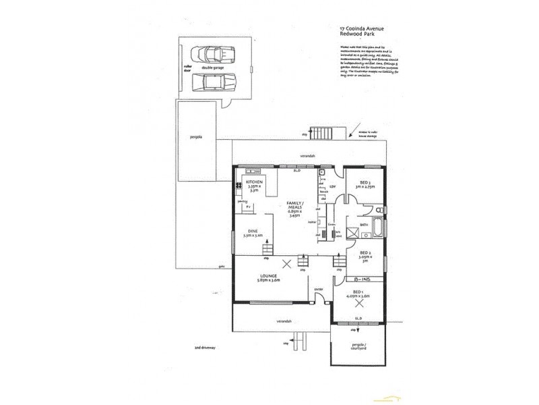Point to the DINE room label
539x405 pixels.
(253, 233)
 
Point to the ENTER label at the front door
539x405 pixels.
(319, 290)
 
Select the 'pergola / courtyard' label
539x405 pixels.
(358, 348)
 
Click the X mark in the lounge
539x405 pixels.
(288, 263)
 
